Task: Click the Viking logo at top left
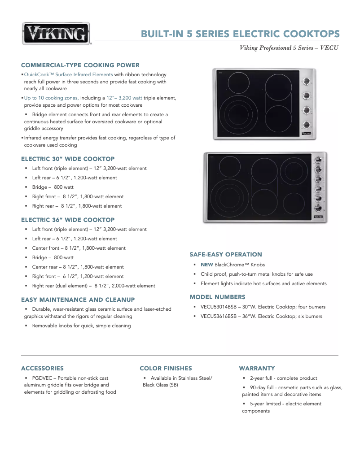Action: (x=56, y=34)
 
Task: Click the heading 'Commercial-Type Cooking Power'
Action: (x=80, y=65)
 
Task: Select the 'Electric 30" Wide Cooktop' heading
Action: (x=68, y=159)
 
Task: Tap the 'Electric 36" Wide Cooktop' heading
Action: (x=68, y=220)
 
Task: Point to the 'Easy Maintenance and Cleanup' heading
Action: (x=78, y=300)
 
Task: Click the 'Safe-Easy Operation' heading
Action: (x=226, y=254)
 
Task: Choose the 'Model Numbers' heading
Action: (x=218, y=297)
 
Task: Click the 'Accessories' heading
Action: (x=43, y=368)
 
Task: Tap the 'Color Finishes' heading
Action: (x=166, y=368)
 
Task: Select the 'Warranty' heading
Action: (x=257, y=368)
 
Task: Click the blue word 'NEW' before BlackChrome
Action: (x=206, y=265)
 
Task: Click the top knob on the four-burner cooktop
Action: (x=307, y=82)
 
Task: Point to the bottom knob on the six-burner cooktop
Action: (x=318, y=208)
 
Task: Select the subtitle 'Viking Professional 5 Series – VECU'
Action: (x=289, y=48)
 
